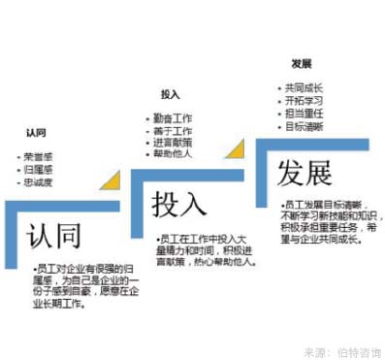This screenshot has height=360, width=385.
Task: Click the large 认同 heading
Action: [53, 237]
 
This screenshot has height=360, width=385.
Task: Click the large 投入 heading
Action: [179, 206]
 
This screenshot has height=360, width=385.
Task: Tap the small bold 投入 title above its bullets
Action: [171, 94]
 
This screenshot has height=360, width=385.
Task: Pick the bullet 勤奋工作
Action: [176, 116]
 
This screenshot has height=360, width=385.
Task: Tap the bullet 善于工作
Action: [176, 129]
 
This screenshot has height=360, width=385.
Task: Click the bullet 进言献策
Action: [176, 142]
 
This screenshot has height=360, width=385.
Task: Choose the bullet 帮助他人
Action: [176, 154]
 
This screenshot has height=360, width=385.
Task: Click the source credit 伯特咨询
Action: [360, 347]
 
